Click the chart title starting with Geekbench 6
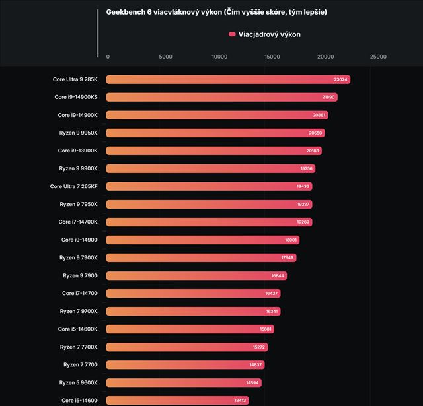(216, 12)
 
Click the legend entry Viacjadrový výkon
(264, 34)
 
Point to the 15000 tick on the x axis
(272, 57)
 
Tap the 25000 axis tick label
(378, 57)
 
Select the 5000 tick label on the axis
(166, 57)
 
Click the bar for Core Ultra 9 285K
(227, 79)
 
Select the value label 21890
(329, 97)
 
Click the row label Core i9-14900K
(78, 115)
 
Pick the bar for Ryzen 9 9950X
(215, 133)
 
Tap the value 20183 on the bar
(313, 151)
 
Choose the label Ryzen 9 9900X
(78, 168)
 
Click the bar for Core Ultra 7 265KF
(209, 186)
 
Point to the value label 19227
(303, 204)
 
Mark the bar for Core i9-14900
(202, 240)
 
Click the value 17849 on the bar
(288, 257)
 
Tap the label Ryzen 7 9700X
(79, 311)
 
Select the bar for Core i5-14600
(177, 400)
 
